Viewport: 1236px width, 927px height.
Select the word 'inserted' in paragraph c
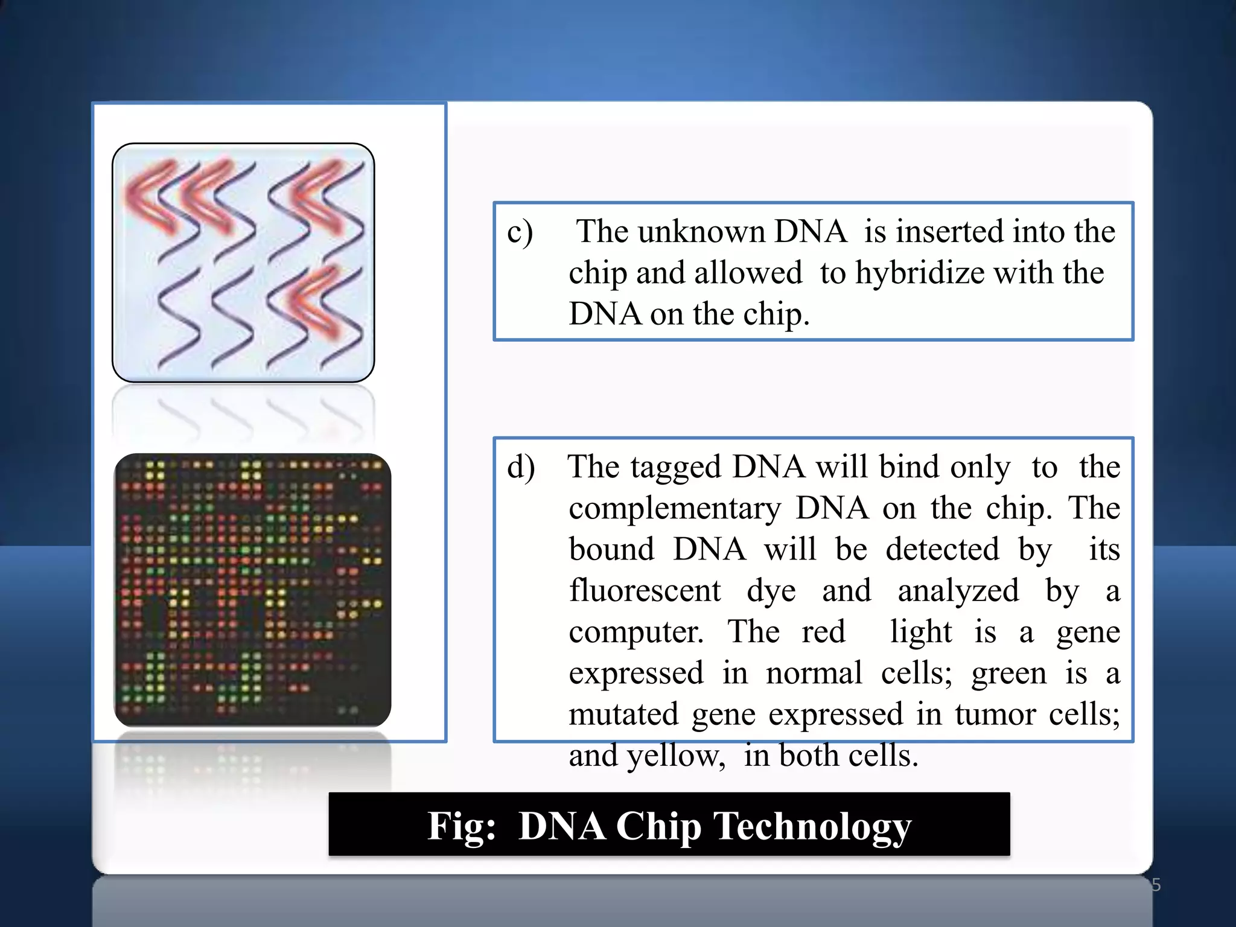click(x=949, y=232)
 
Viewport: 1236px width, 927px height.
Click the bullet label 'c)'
click(x=520, y=232)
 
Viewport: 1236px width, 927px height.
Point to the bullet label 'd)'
click(x=521, y=467)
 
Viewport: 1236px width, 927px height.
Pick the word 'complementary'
click(x=675, y=508)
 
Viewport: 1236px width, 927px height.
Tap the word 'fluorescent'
click(x=645, y=590)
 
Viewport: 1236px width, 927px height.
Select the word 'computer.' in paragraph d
click(x=636, y=632)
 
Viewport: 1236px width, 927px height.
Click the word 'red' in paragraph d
click(x=823, y=632)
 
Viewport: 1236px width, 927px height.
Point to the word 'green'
click(x=1008, y=674)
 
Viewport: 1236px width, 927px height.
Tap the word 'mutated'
click(x=624, y=715)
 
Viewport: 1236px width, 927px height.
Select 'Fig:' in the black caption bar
click(x=462, y=826)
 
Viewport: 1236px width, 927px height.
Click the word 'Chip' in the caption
click(x=658, y=826)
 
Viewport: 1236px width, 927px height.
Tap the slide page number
click(x=1155, y=885)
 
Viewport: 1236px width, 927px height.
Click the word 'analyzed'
click(x=958, y=590)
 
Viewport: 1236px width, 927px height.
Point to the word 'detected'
click(x=942, y=549)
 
